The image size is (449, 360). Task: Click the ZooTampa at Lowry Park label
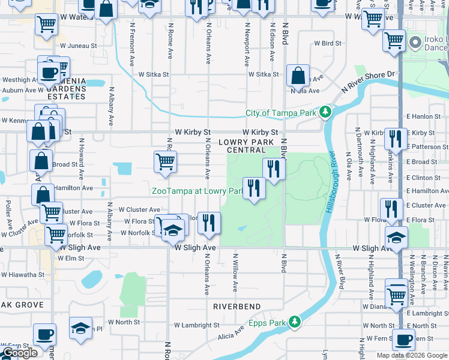(x=196, y=191)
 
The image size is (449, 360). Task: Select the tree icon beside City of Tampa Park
(x=325, y=112)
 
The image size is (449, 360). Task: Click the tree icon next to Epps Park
(x=294, y=322)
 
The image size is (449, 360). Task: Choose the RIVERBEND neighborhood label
(x=237, y=307)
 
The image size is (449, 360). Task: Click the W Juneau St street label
(x=77, y=46)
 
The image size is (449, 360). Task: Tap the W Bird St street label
(x=328, y=44)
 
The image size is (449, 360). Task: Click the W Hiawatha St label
(x=23, y=275)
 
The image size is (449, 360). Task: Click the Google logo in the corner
(x=20, y=353)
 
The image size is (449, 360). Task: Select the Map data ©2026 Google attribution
(x=412, y=355)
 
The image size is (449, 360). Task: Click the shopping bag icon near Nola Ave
(x=298, y=76)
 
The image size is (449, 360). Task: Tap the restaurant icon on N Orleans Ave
(x=209, y=223)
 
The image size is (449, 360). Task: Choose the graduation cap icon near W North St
(x=80, y=328)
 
